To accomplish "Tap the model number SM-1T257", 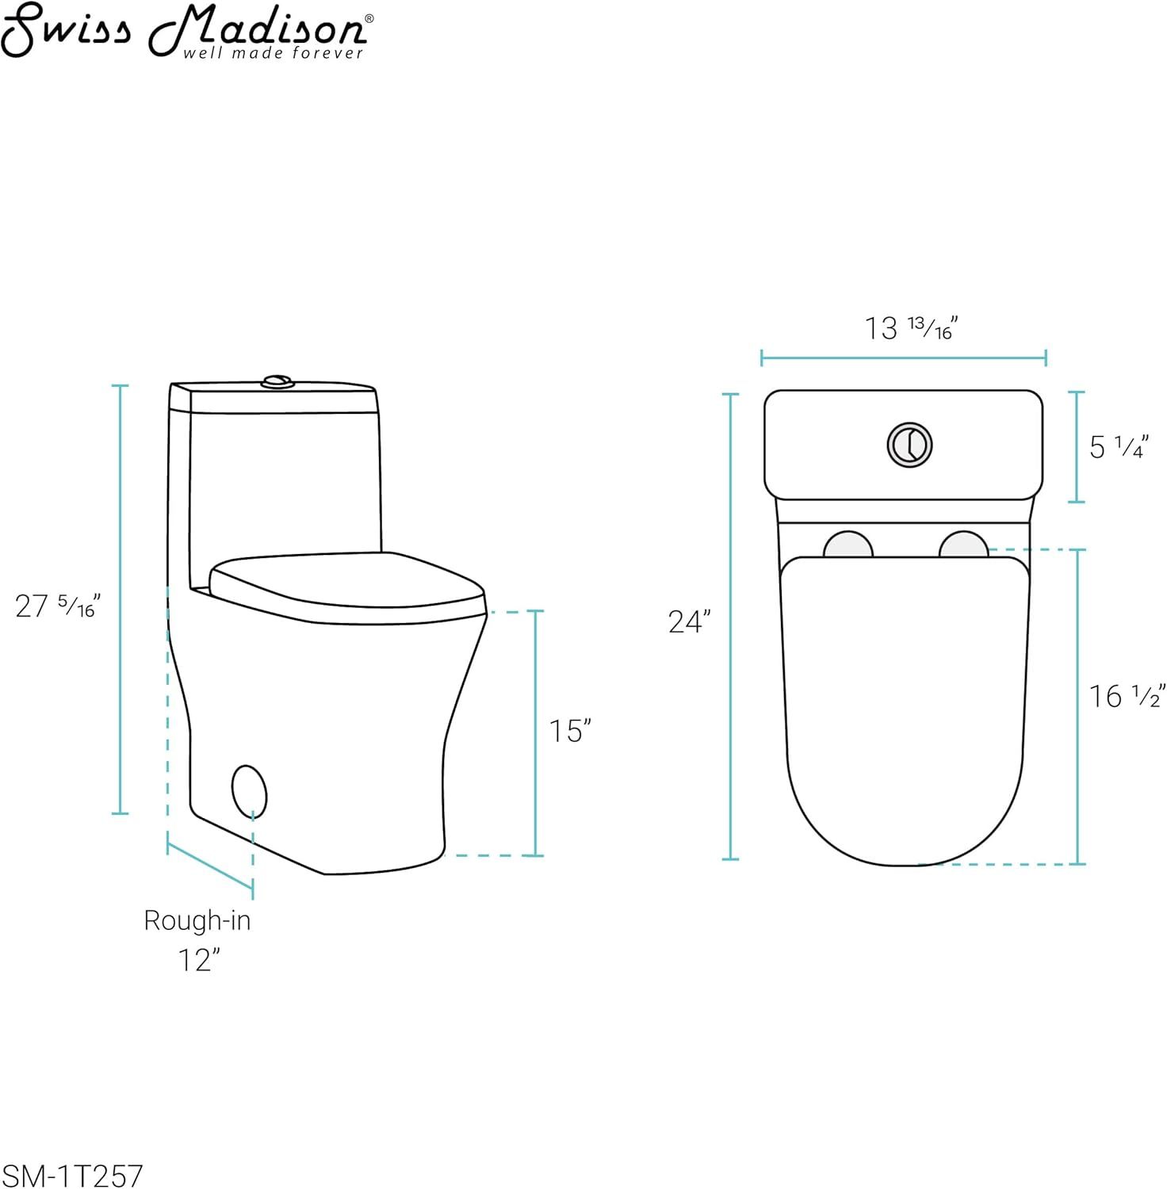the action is point(73,1175).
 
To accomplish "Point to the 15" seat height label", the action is point(571,731).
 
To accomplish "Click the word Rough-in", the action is point(197,920).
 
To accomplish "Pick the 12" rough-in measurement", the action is point(198,960).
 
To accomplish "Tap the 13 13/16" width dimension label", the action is point(911,327).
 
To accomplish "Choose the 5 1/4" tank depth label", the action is point(1118,447).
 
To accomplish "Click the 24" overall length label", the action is point(689,622).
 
